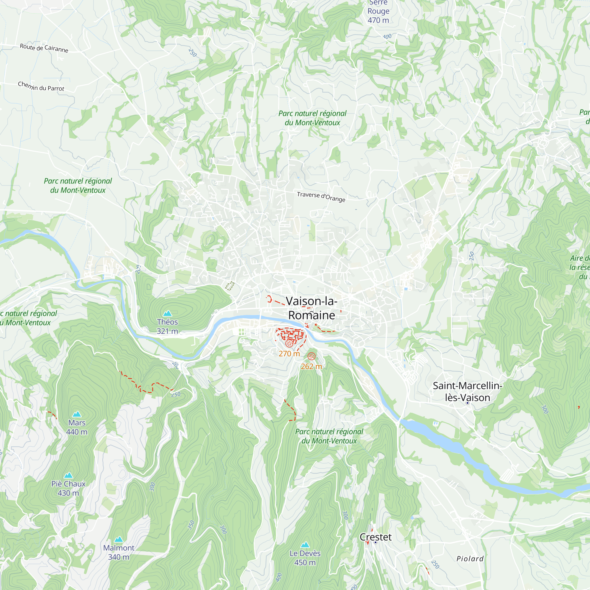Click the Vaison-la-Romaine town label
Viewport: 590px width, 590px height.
point(312,308)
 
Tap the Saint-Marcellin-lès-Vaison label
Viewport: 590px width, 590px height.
point(467,391)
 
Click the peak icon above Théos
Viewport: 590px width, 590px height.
point(167,313)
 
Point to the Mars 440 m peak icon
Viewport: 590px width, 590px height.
point(77,414)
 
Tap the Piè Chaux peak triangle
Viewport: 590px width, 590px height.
point(68,475)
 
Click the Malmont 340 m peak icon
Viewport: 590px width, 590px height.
point(119,539)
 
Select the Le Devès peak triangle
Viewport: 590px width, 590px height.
point(305,545)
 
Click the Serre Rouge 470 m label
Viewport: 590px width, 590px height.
point(378,12)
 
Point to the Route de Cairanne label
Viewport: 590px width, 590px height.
point(44,48)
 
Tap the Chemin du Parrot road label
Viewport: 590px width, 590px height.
point(41,86)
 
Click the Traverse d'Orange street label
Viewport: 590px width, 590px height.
point(321,197)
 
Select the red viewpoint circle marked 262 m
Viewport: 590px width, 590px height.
point(311,356)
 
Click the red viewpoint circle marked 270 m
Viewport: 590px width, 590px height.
point(289,344)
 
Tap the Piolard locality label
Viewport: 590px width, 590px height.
point(470,559)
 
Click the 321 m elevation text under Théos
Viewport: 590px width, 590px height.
point(167,331)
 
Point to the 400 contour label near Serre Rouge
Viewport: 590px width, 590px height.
point(387,37)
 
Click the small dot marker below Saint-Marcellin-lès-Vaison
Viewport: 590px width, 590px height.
point(467,403)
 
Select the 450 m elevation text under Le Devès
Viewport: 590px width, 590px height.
point(305,563)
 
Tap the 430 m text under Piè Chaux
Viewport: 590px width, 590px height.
point(68,493)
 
